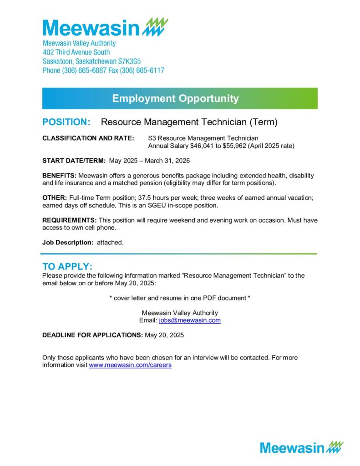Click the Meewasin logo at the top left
coord(105,28)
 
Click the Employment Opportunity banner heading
coord(175,98)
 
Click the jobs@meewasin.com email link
coord(190,320)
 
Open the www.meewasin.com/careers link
coord(130,365)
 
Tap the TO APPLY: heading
coord(67,267)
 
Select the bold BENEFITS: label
coord(60,176)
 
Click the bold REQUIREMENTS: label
coord(69,220)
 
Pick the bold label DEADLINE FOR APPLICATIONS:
coord(92,335)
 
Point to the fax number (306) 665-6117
coord(142,71)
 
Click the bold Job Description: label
coord(68,243)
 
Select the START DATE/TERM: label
coord(74,161)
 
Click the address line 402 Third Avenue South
coord(76,52)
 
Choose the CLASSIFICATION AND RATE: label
coord(88,138)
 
